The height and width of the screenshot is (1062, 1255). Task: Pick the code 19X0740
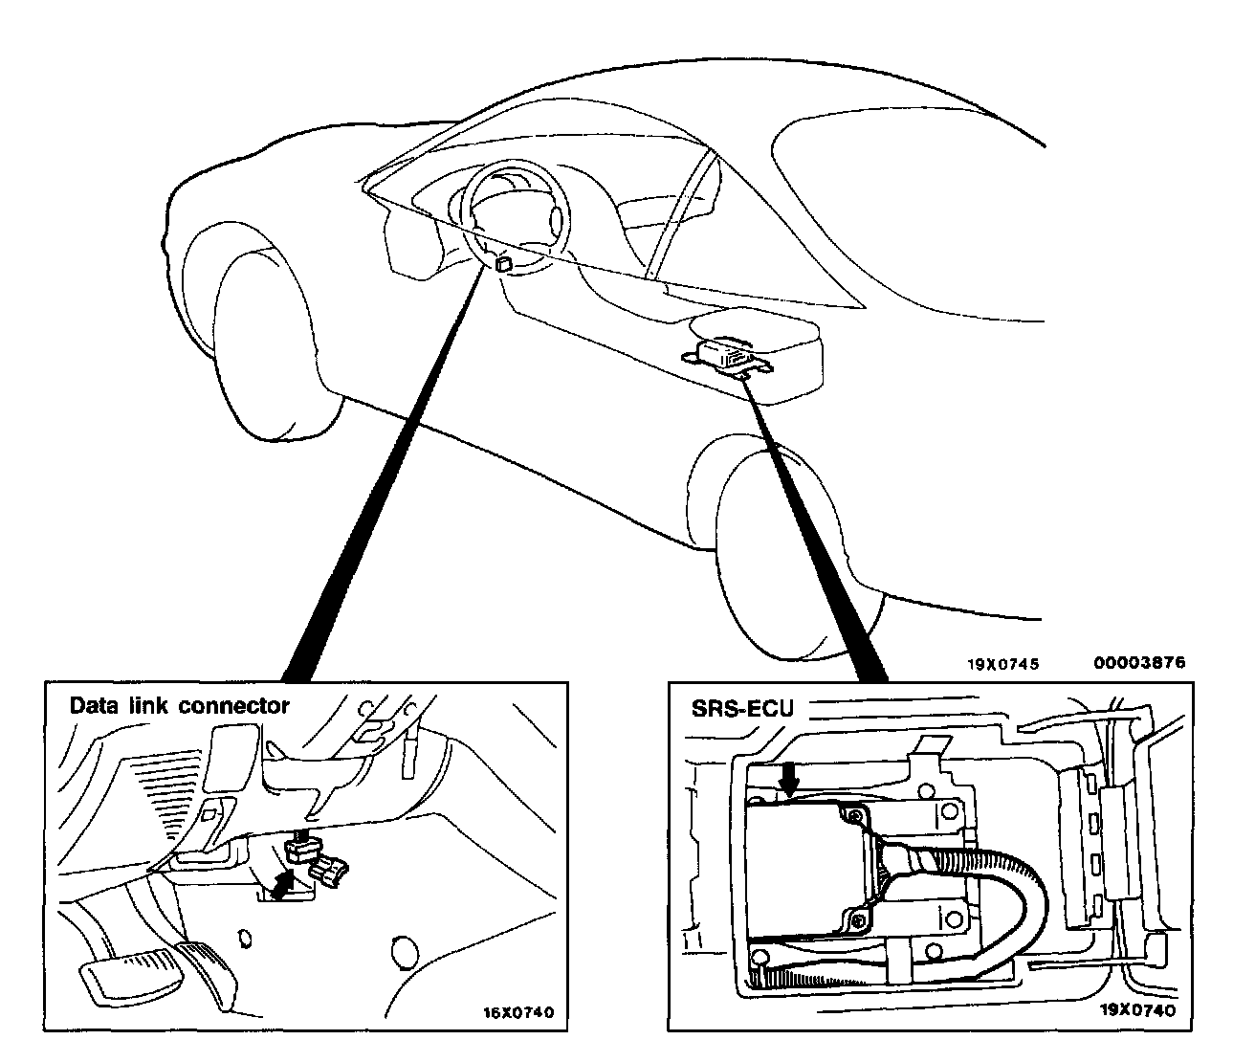(x=1137, y=1009)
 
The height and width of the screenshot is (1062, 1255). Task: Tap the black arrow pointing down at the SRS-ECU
(x=789, y=779)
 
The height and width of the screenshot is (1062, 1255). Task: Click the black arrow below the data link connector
(x=281, y=885)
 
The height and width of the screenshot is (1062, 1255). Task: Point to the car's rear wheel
(x=780, y=545)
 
